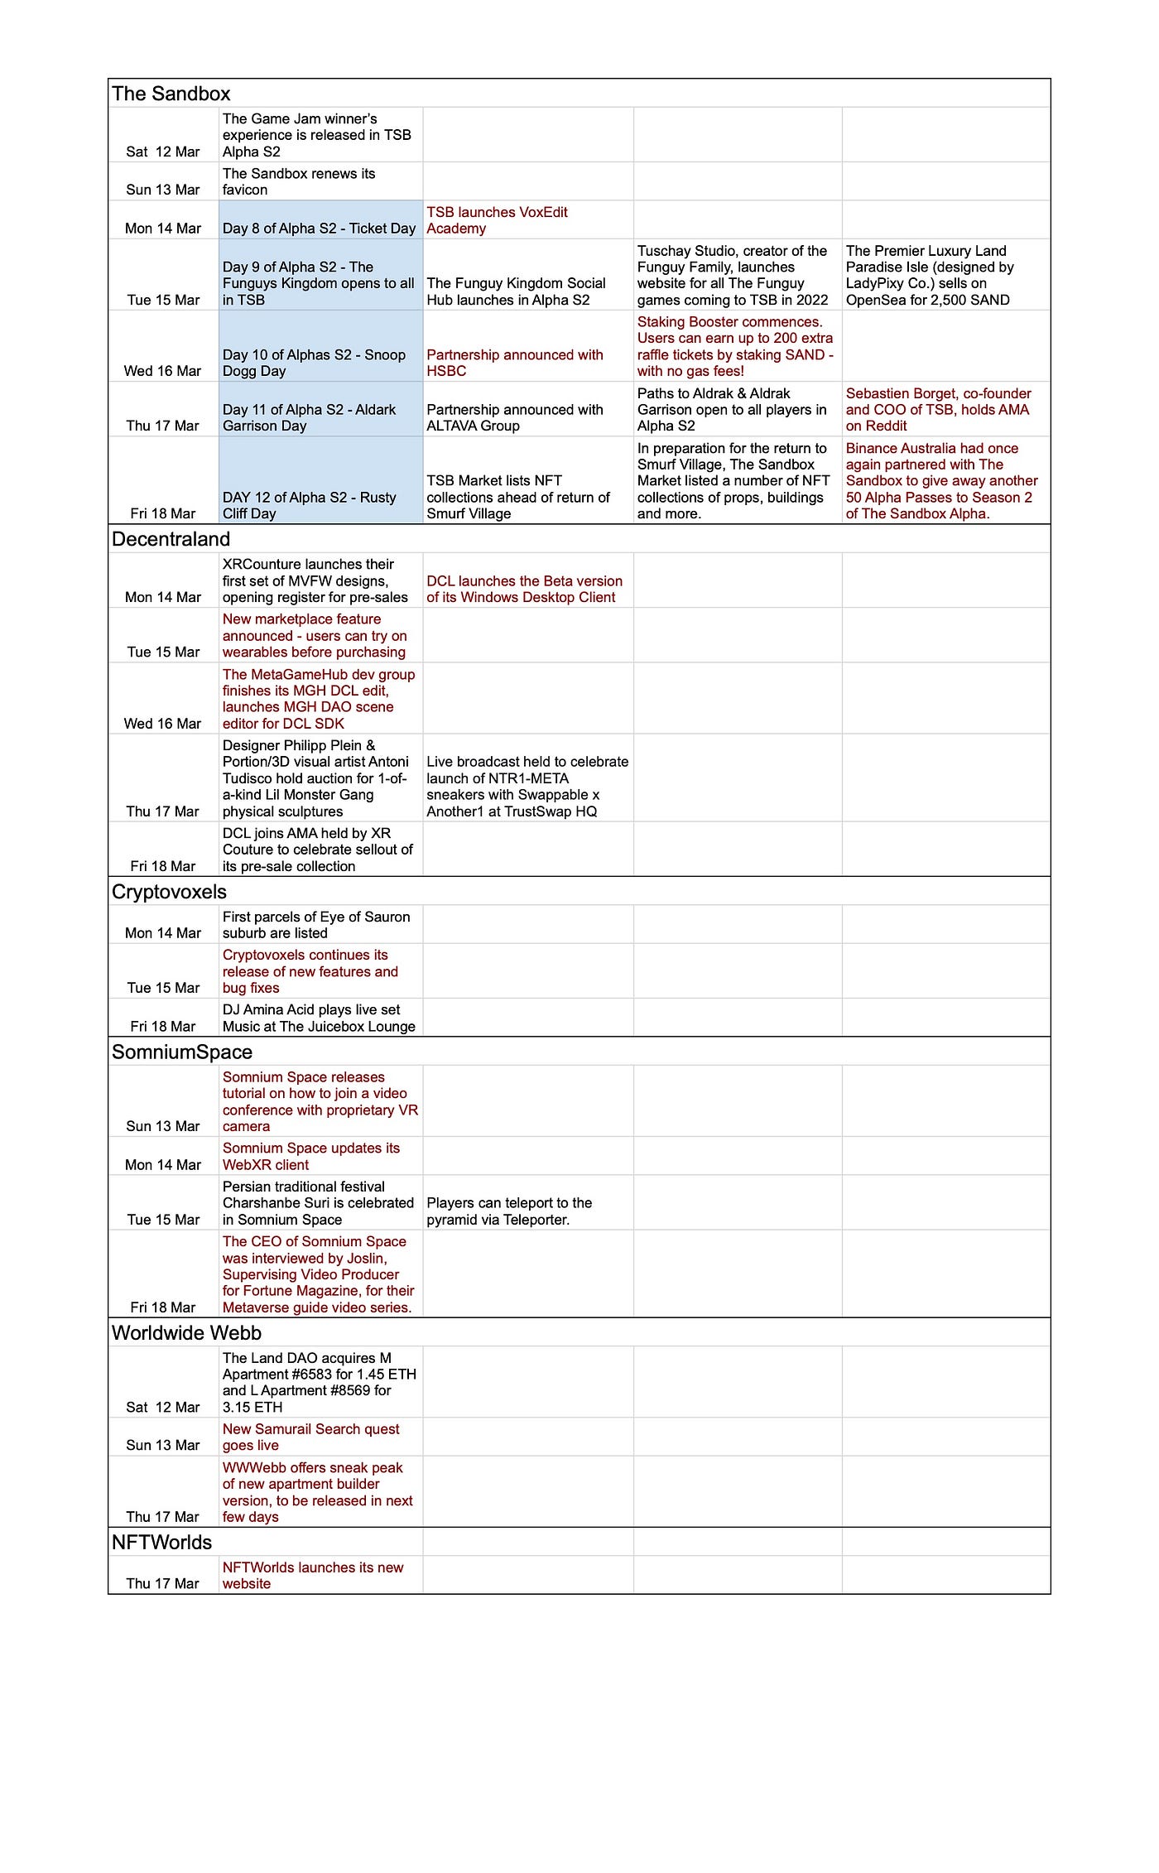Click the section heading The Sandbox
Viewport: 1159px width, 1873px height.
point(171,94)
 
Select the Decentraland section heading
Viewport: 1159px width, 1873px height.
point(171,539)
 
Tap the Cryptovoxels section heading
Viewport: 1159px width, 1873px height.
point(170,892)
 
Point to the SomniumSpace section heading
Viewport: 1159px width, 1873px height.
point(182,1052)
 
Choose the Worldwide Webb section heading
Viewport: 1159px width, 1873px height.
point(187,1333)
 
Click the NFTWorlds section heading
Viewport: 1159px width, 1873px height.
point(162,1543)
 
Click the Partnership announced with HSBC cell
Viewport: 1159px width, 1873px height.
point(515,363)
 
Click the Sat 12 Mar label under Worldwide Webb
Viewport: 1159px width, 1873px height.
point(163,1407)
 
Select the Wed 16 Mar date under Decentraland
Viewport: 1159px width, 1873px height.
point(163,723)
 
